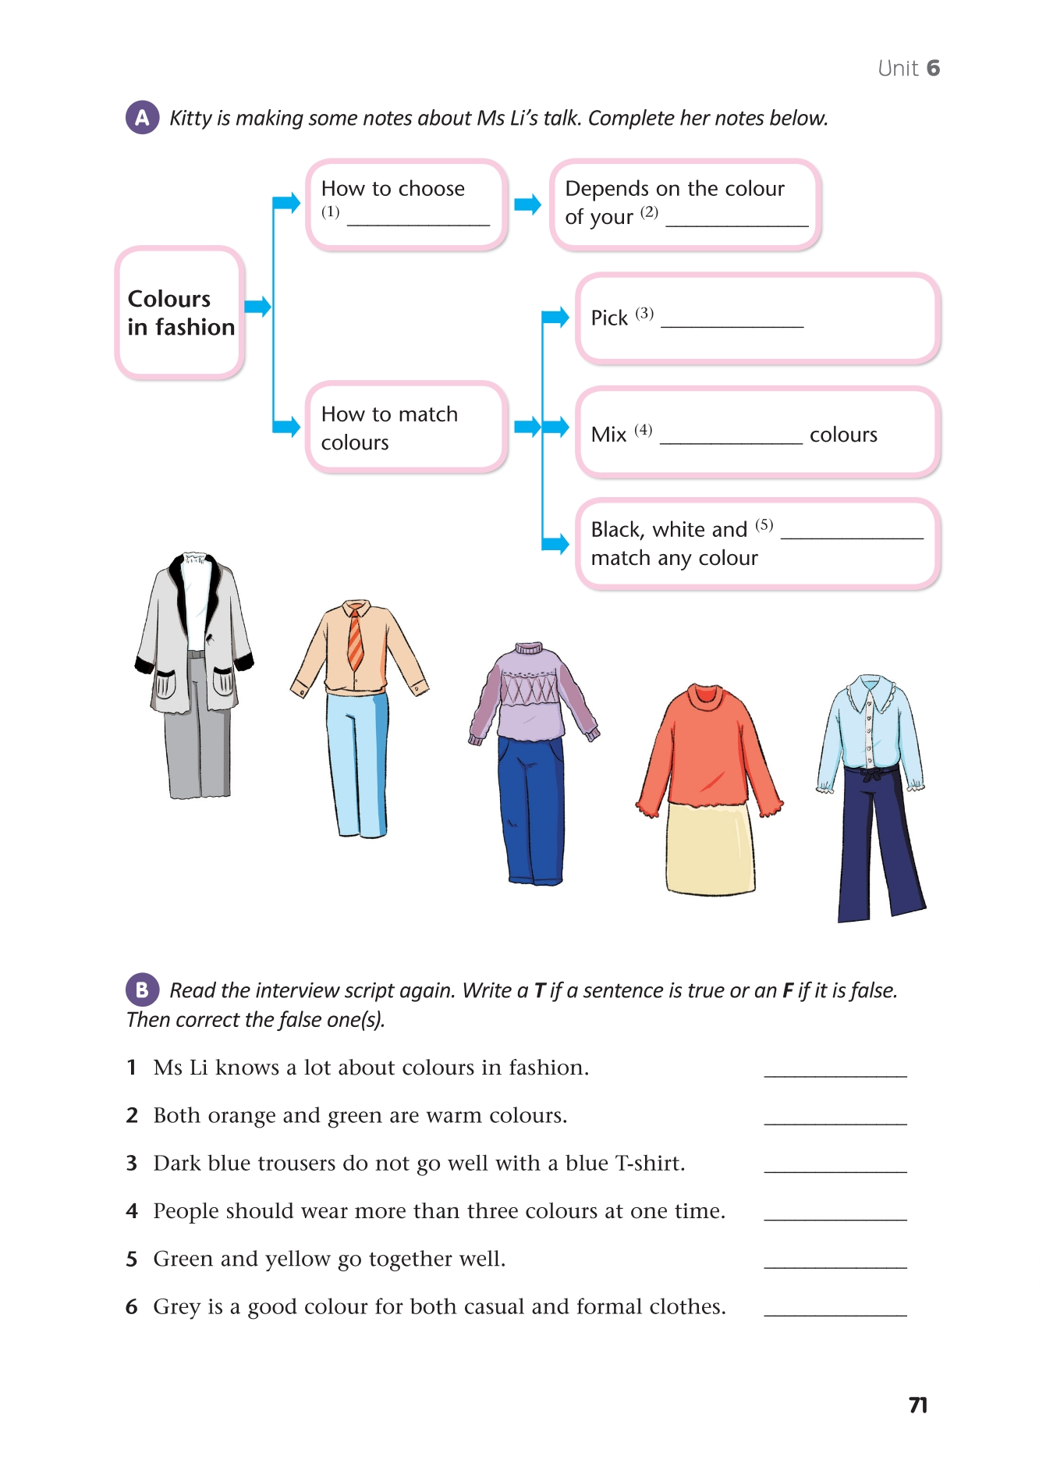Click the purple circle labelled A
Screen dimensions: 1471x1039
coord(142,118)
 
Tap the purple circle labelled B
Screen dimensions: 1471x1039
coord(142,990)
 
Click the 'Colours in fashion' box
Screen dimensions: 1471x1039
coord(180,313)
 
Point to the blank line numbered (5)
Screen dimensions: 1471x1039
coord(852,534)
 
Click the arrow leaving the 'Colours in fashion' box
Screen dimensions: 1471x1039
coord(257,306)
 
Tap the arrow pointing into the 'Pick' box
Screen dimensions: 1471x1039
coord(556,317)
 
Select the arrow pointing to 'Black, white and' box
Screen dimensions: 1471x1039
coord(556,543)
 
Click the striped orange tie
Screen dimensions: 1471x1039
coord(355,640)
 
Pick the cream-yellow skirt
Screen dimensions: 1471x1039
coord(710,849)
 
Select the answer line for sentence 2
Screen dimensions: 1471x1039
coord(835,1121)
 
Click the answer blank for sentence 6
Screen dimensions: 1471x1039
coord(835,1312)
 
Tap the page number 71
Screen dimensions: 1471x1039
coord(918,1405)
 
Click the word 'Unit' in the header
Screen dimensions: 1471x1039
coord(898,69)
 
